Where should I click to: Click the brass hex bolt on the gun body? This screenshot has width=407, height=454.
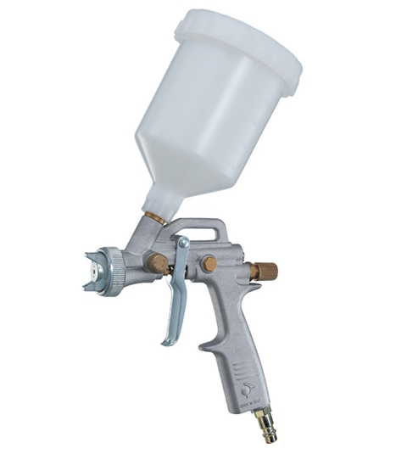tap(209, 264)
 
